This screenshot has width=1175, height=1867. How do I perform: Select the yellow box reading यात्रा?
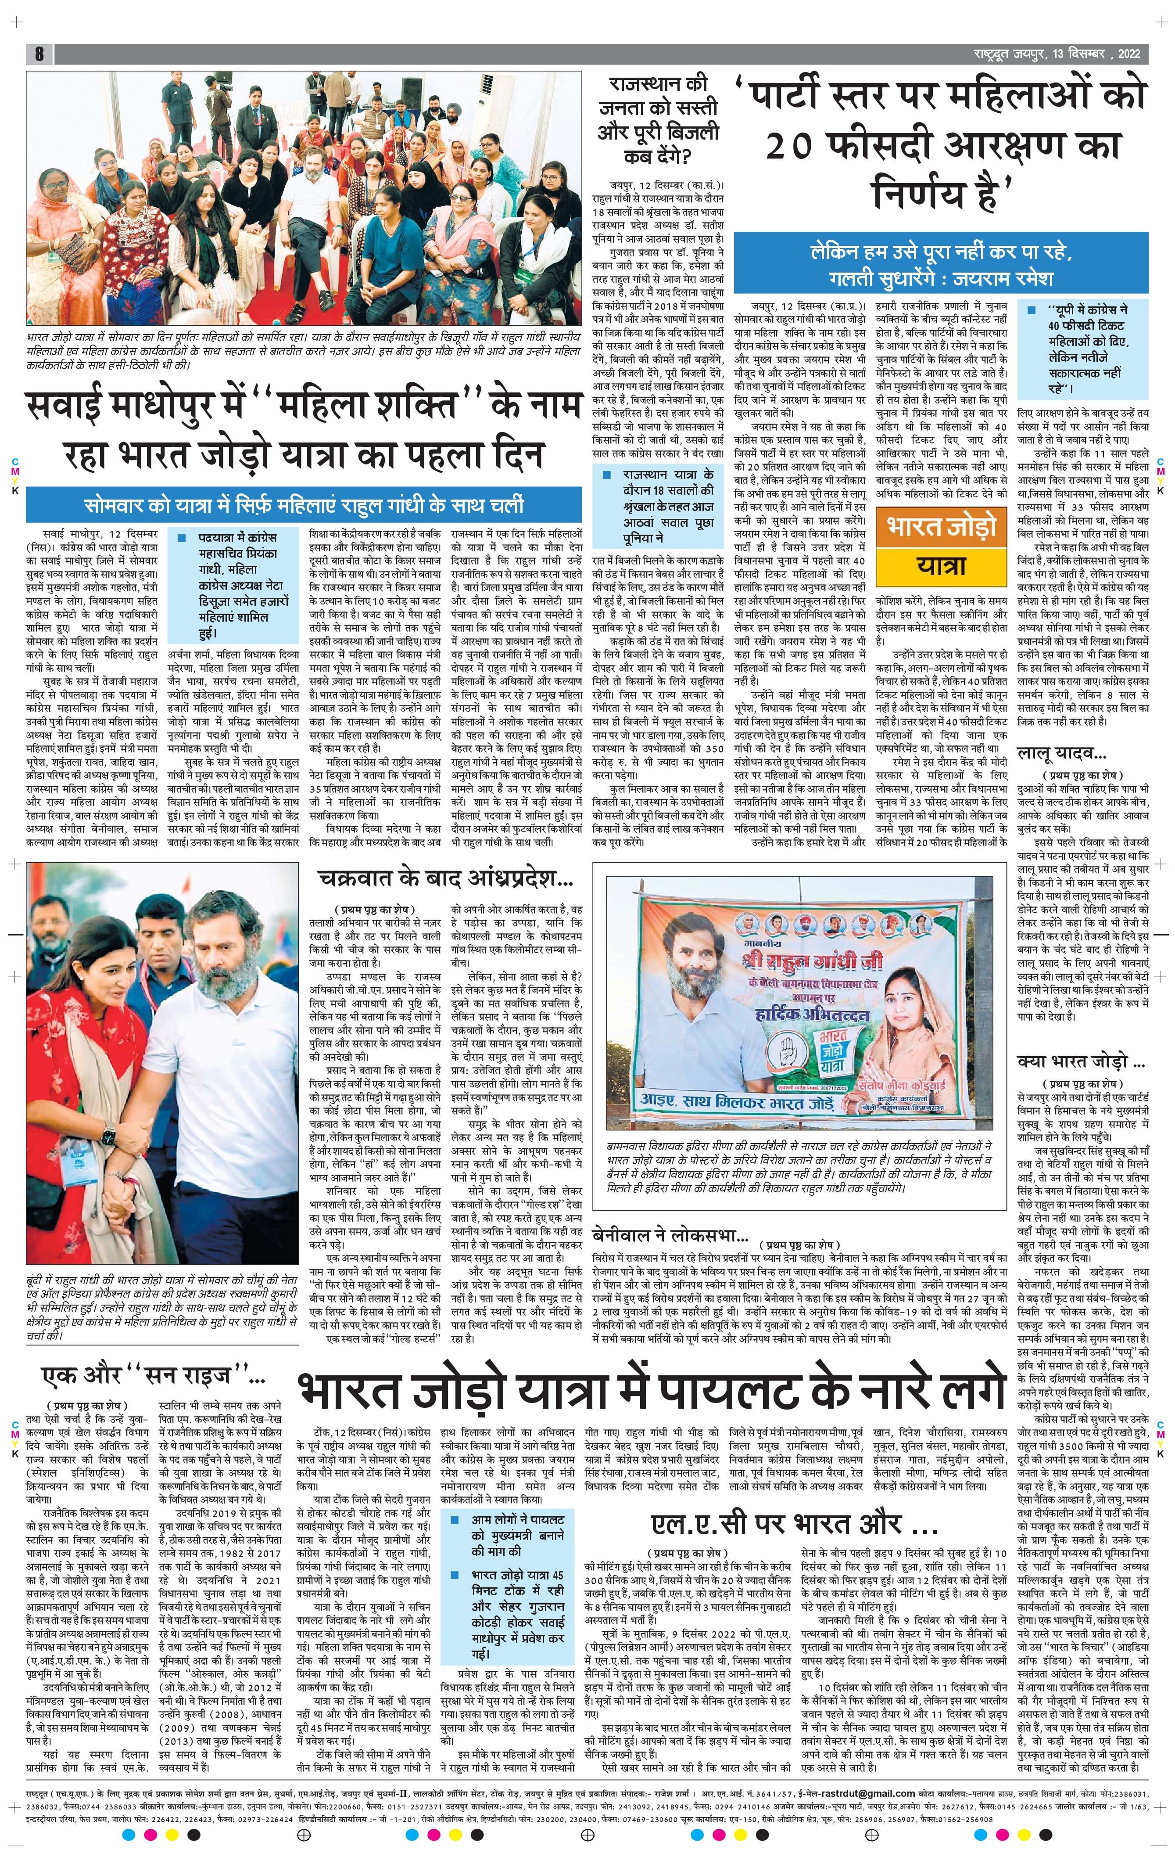(941, 565)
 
